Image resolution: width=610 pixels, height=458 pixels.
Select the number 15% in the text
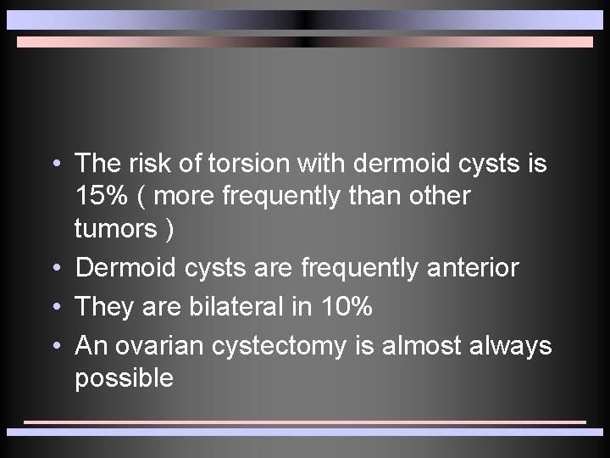[x=101, y=196]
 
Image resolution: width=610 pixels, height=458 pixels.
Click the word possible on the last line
[x=124, y=378]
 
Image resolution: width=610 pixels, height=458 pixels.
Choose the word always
[x=510, y=346]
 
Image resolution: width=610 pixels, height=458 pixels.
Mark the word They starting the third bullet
[x=105, y=307]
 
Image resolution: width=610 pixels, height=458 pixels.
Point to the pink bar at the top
[x=305, y=42]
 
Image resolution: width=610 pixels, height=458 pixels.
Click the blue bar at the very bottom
[x=305, y=432]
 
